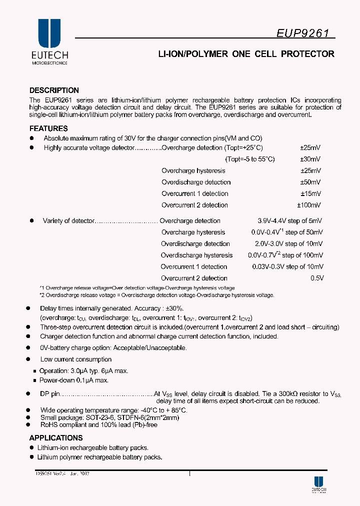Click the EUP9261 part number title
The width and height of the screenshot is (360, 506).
click(303, 33)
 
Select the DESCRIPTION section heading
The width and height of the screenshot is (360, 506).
click(54, 90)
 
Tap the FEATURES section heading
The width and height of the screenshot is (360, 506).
click(48, 128)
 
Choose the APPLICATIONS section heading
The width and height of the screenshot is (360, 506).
click(56, 438)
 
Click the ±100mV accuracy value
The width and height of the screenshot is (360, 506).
click(309, 205)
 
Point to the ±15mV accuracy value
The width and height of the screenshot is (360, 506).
click(310, 193)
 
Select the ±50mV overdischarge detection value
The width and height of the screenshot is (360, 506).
click(310, 182)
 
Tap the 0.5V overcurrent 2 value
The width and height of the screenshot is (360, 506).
click(317, 278)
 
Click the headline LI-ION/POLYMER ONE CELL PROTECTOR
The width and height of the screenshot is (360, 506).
click(246, 54)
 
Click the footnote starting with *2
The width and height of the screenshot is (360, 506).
click(156, 295)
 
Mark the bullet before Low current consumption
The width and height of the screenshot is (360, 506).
click(29, 359)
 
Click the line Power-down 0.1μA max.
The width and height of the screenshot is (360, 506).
click(73, 380)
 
